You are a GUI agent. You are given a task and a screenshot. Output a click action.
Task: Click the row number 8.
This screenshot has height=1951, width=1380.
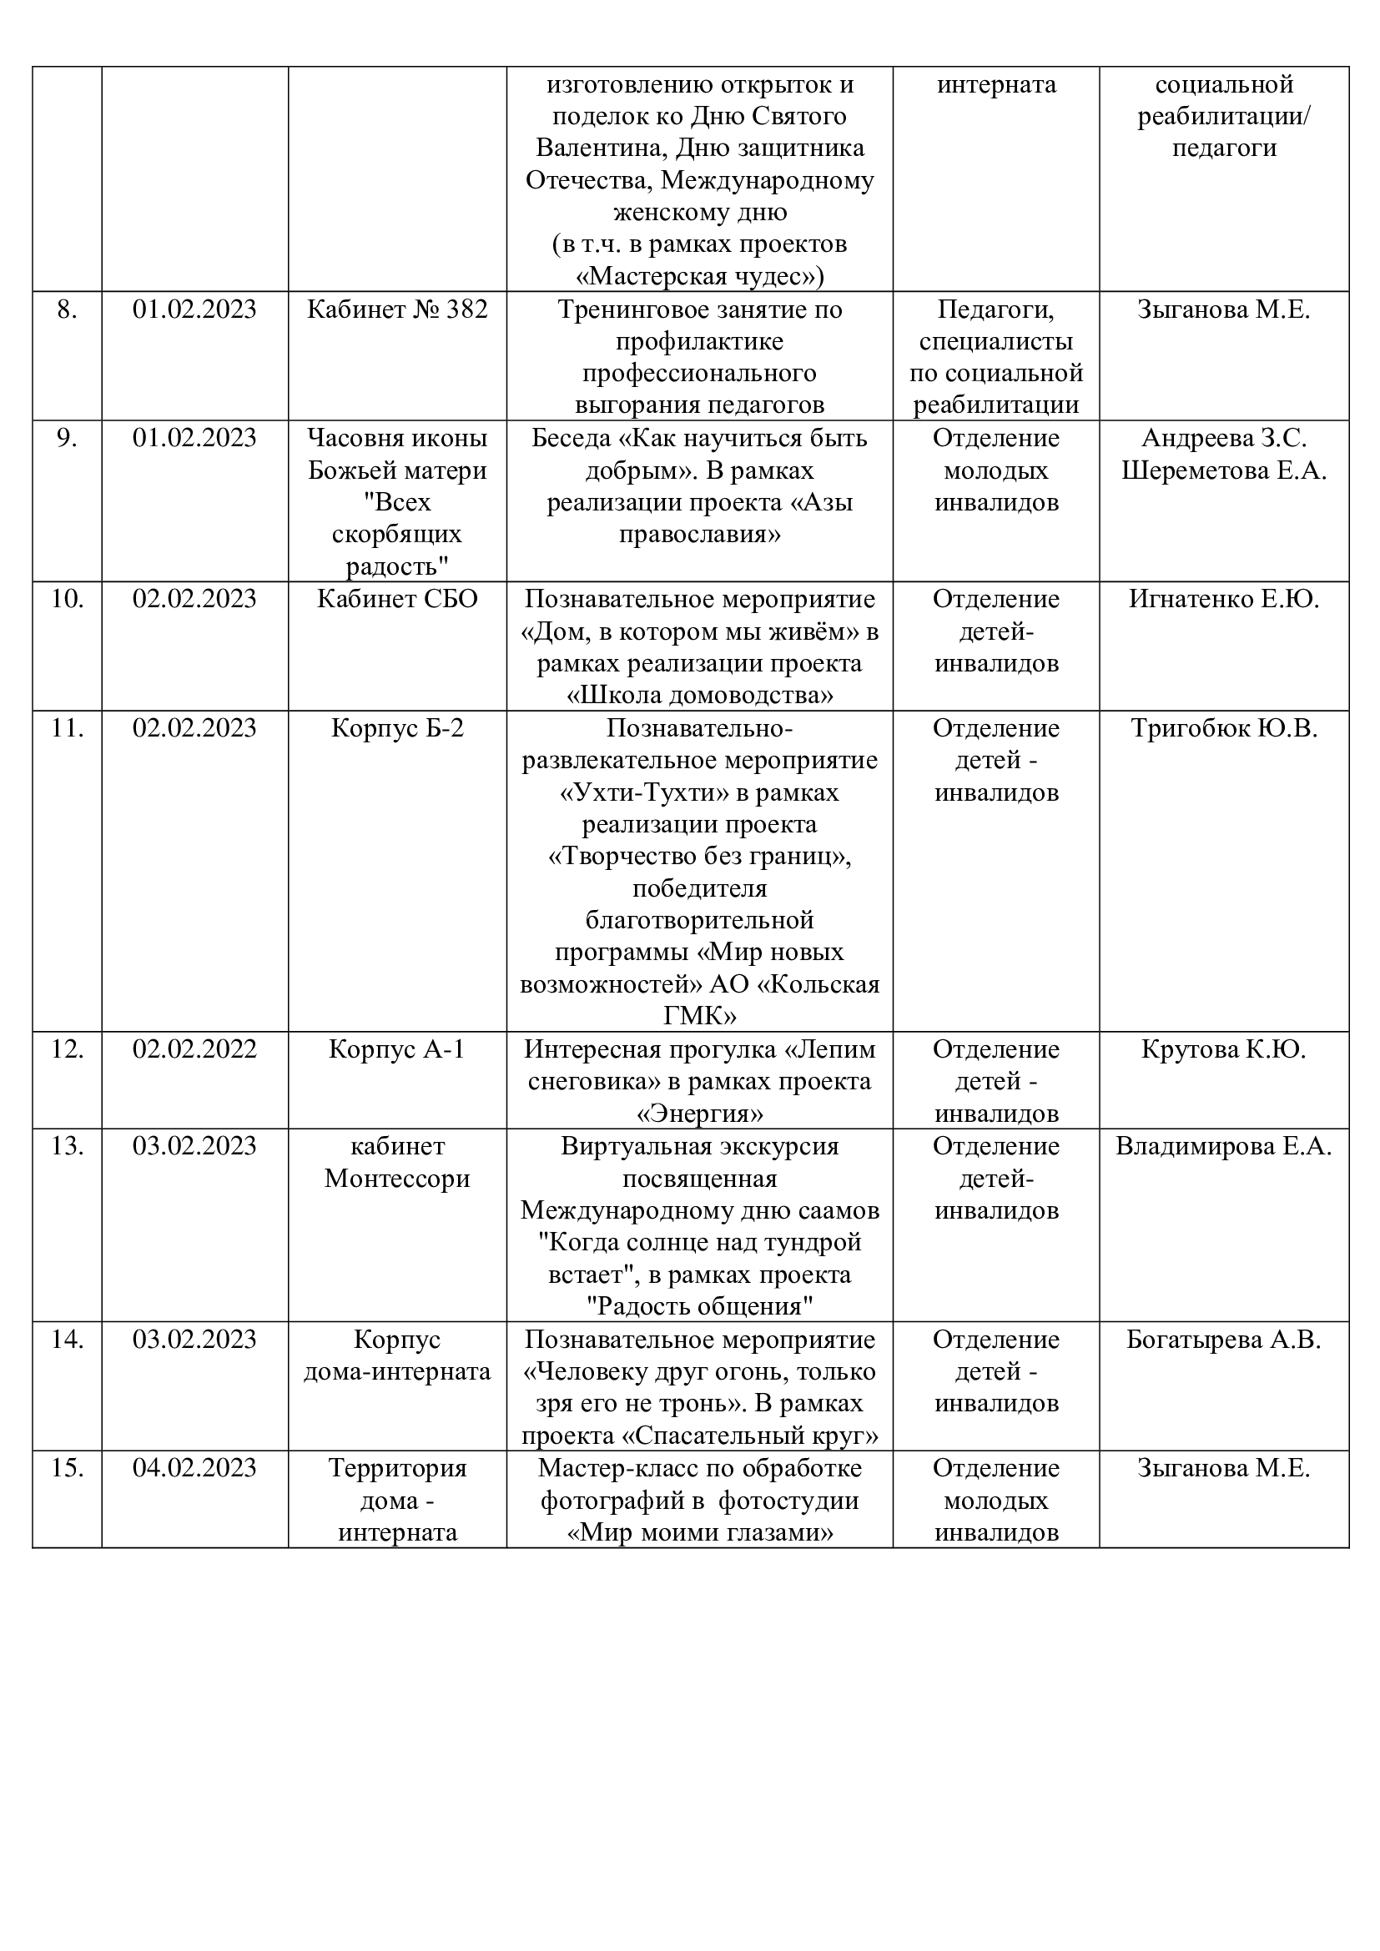point(67,309)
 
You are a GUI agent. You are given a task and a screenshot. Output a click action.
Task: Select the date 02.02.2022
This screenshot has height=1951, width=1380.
point(194,1049)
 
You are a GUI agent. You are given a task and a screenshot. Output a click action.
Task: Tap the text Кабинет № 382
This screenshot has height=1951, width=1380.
point(397,309)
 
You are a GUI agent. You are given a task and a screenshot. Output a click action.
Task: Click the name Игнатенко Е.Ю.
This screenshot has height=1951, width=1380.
point(1224,599)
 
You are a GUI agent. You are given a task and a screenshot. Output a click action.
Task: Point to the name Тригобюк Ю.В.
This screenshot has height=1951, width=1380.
point(1224,728)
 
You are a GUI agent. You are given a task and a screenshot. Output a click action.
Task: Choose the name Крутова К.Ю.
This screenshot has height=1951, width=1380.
point(1224,1049)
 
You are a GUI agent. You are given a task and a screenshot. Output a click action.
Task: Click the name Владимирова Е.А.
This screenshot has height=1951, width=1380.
point(1224,1146)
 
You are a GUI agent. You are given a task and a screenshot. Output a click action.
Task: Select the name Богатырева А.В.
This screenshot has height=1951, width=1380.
point(1224,1340)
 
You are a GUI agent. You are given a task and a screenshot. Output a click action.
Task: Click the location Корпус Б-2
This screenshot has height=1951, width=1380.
point(397,728)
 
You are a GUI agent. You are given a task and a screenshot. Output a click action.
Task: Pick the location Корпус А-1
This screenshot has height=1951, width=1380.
point(397,1049)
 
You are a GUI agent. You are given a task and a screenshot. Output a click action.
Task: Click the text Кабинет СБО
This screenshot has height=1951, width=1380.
point(397,599)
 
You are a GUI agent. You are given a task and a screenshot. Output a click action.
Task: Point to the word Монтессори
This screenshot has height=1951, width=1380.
point(397,1179)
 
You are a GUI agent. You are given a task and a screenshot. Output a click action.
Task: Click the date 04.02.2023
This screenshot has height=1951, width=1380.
point(194,1468)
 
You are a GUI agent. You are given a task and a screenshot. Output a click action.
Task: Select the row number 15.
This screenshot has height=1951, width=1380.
point(67,1468)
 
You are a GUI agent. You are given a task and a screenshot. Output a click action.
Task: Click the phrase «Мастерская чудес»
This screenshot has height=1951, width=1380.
point(696,277)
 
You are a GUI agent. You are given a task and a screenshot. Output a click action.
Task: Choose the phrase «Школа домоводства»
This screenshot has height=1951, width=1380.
point(699,696)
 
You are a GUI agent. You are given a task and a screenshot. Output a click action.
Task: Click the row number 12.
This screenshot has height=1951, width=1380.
point(67,1049)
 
